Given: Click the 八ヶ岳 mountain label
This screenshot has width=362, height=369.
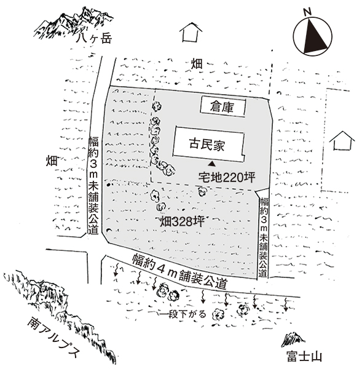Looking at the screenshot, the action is pos(93,38).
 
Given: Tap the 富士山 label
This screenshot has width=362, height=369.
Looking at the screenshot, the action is pos(304,356).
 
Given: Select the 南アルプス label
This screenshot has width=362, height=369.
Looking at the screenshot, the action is pos(53,338).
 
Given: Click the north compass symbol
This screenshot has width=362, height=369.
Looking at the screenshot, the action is pos(313,37).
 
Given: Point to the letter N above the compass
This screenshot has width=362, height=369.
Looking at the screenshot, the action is pos(307,12).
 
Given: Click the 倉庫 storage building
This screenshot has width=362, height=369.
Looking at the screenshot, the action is pos(222,107).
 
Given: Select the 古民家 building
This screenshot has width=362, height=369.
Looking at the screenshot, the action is pos(208,145).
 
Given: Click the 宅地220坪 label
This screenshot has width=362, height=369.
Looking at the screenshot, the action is pos(227,177).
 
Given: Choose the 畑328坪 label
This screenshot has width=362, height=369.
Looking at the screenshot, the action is pos(183,221).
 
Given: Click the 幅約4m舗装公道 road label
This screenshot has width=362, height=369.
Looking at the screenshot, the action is pos(179,271).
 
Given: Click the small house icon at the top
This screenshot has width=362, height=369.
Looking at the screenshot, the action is pos(191,32).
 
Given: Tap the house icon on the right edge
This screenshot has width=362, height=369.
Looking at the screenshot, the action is pos(342,140).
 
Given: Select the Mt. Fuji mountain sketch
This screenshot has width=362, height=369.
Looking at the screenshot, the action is pos(293,339).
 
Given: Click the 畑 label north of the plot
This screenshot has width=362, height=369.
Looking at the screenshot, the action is pos(197,63).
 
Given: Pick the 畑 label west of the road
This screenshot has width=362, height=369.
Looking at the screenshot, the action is pos(52,161).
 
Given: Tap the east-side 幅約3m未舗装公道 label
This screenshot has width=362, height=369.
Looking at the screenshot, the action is pos(264,237).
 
